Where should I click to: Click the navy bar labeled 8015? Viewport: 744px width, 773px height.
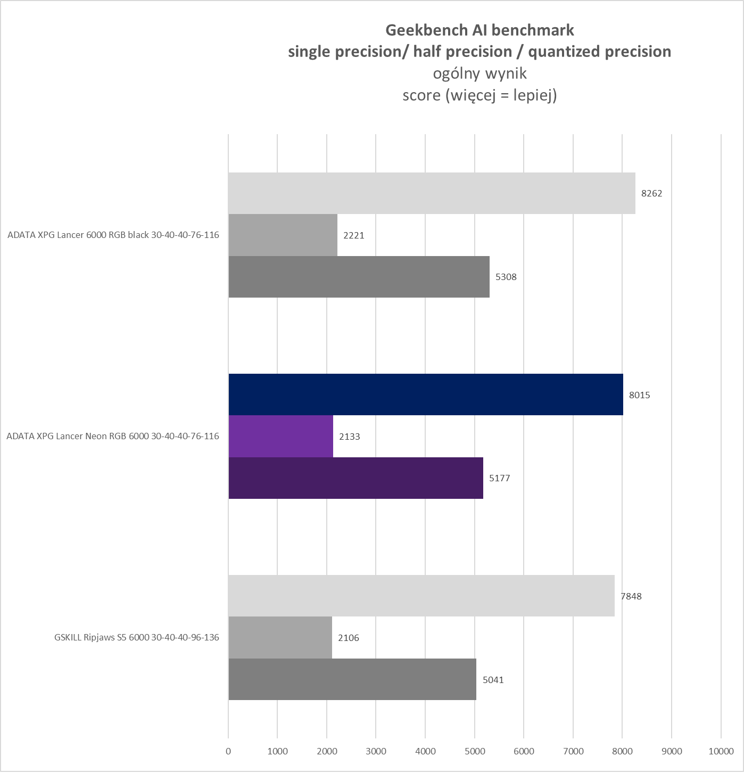click(426, 394)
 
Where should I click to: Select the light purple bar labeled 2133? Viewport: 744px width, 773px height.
click(281, 436)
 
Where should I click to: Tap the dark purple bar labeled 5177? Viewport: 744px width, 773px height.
click(356, 478)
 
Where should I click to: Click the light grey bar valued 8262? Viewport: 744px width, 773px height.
click(432, 193)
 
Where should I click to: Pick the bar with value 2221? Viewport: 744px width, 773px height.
click(283, 235)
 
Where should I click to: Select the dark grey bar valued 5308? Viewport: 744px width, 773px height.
click(359, 277)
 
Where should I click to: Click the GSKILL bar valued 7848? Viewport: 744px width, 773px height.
click(421, 596)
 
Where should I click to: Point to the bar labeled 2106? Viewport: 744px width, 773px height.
click(280, 638)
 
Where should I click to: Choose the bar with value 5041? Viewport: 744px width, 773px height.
click(352, 679)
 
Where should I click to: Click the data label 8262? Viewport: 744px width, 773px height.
click(651, 193)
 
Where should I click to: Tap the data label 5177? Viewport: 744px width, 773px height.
click(499, 478)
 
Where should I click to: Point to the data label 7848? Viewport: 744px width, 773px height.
click(631, 596)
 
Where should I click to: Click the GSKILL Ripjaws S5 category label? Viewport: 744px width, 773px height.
click(137, 637)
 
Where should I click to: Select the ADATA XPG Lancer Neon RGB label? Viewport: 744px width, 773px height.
click(113, 436)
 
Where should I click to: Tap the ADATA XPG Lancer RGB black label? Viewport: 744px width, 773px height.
click(113, 235)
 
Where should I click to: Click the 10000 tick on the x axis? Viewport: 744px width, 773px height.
click(721, 751)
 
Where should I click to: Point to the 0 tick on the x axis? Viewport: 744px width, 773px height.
click(228, 751)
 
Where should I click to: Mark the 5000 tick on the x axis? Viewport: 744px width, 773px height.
click(475, 751)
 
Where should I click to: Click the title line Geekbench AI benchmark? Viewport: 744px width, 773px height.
click(480, 30)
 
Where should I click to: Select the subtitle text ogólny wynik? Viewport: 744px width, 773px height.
click(480, 73)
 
